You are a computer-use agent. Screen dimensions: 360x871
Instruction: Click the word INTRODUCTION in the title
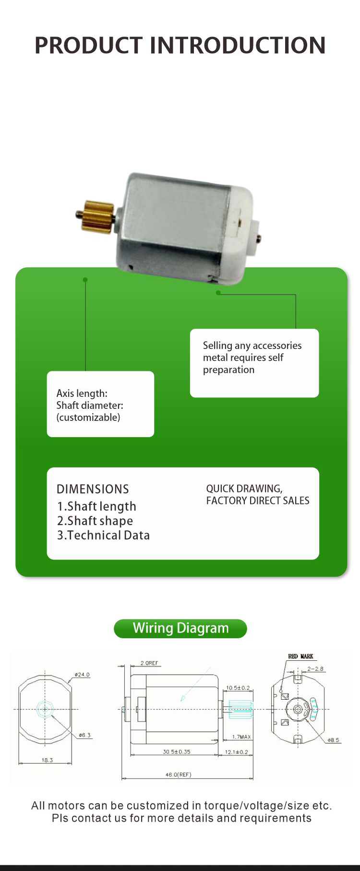(x=238, y=45)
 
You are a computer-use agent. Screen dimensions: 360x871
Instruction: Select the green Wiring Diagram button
(x=180, y=628)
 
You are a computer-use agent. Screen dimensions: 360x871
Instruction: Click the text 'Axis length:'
(x=82, y=394)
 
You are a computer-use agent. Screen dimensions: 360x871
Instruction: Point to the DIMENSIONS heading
(x=93, y=489)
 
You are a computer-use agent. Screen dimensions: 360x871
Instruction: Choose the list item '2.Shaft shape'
(x=95, y=521)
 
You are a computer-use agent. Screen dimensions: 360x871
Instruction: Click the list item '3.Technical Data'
(x=103, y=535)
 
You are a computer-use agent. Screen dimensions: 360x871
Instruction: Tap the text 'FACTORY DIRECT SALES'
(x=258, y=501)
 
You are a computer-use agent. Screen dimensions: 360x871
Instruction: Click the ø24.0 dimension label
(x=82, y=674)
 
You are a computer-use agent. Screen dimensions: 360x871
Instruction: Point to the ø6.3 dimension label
(x=84, y=735)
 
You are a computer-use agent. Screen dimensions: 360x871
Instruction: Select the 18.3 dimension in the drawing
(x=47, y=760)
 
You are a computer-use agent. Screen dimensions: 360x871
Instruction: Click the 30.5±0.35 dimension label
(x=176, y=752)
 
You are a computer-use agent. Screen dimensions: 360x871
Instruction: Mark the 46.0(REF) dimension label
(x=179, y=775)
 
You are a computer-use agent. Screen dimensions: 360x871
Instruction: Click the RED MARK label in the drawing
(x=300, y=656)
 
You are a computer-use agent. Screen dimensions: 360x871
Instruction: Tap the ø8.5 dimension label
(x=333, y=740)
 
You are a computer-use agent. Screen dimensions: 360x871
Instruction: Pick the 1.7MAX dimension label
(x=241, y=737)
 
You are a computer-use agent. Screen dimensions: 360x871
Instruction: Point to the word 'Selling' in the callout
(x=217, y=346)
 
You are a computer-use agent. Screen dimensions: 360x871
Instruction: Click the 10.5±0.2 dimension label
(x=238, y=688)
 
